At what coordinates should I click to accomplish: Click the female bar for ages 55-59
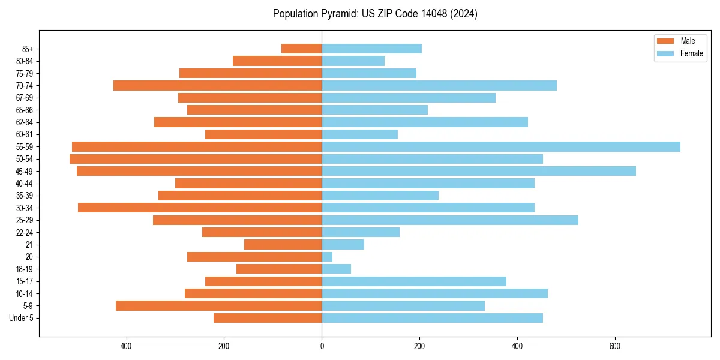pos(501,146)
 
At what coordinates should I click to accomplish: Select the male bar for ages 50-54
pos(196,159)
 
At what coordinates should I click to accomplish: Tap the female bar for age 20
pos(327,257)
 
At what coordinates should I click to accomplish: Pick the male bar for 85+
pos(301,49)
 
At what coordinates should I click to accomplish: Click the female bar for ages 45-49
pos(479,171)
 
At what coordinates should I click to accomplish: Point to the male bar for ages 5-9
pos(218,305)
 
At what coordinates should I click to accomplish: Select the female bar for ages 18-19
pos(336,269)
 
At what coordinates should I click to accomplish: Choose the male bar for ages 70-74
pos(217,85)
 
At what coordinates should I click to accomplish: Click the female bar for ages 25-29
pos(450,220)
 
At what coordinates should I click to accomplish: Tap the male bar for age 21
pos(283,244)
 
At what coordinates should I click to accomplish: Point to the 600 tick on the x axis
pos(615,346)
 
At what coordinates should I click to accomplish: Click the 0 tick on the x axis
pos(322,346)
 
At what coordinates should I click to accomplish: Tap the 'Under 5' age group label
pos(21,318)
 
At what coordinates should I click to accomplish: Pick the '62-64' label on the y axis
pos(25,122)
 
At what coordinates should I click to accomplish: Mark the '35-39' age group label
pos(25,196)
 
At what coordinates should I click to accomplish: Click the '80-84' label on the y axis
pos(25,61)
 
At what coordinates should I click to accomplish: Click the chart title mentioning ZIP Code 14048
pos(375,14)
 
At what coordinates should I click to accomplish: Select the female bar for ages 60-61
pos(359,134)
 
